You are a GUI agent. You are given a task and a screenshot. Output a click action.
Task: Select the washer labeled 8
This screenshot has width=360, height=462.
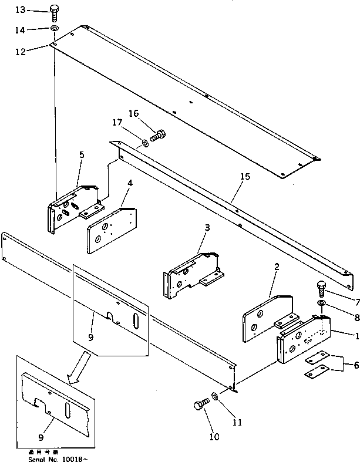point(322,303)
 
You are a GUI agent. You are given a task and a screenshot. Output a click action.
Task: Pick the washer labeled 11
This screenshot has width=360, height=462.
point(217,398)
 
